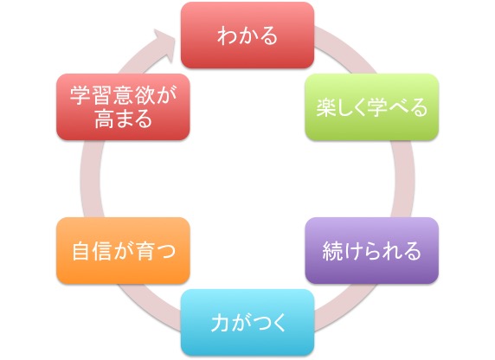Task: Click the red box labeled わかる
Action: click(x=247, y=35)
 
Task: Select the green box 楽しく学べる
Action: click(x=372, y=106)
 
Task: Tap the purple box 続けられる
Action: click(x=372, y=250)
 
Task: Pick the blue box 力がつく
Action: click(x=247, y=322)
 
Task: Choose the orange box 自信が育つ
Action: click(x=123, y=250)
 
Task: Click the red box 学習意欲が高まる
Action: click(x=123, y=106)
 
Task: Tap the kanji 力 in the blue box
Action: click(x=221, y=323)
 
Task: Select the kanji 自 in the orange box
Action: click(x=81, y=251)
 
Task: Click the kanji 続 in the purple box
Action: click(x=332, y=251)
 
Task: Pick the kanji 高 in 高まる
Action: click(x=104, y=119)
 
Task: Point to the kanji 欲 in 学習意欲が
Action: click(x=145, y=94)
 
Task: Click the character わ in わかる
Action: click(x=228, y=35)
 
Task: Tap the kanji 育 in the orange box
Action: click(x=145, y=251)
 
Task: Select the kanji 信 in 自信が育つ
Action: click(x=103, y=251)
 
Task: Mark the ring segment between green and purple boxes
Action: click(x=404, y=179)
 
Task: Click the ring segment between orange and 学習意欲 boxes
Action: click(x=91, y=179)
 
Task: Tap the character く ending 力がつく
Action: click(x=279, y=323)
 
